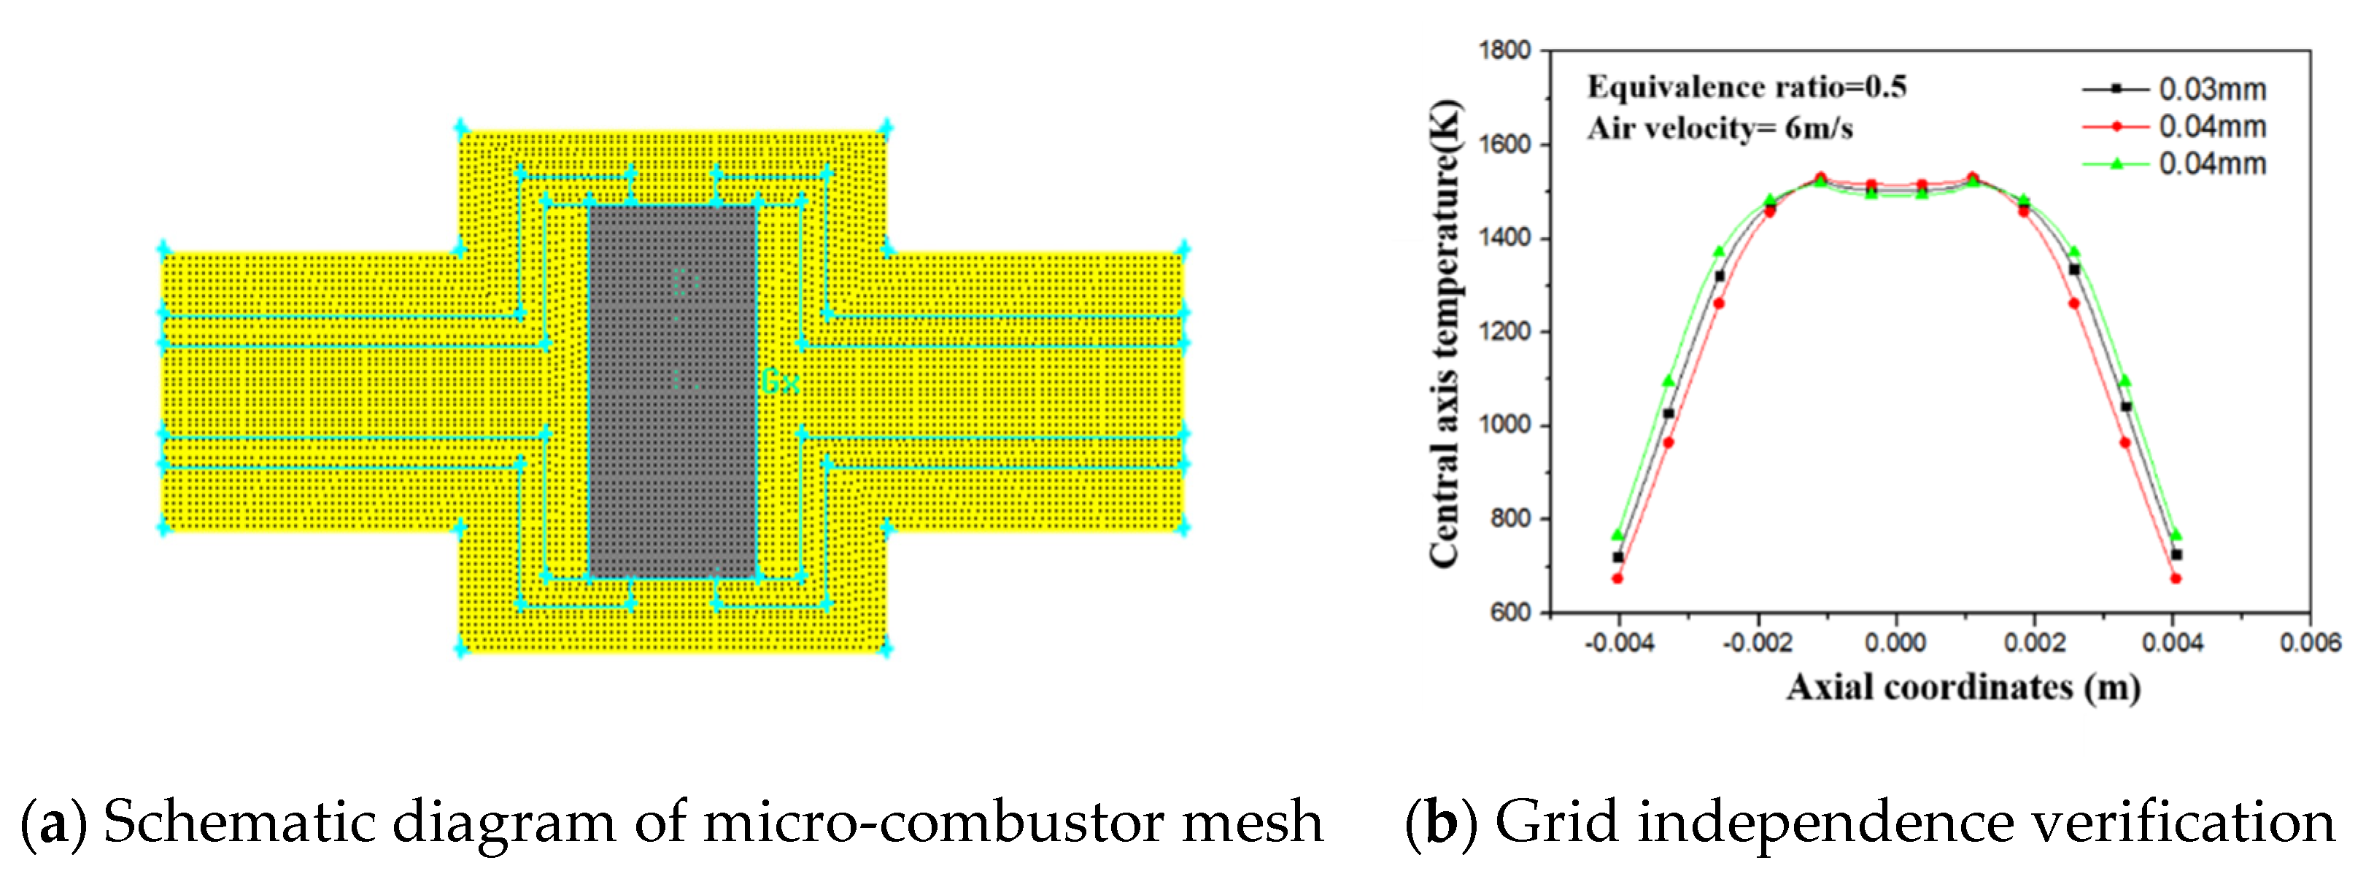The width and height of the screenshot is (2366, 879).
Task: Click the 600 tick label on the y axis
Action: click(1511, 613)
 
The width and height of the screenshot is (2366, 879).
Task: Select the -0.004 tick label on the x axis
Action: click(1618, 643)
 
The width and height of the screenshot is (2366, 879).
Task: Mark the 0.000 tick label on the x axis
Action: click(1895, 643)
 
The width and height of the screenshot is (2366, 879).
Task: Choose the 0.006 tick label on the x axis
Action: click(2310, 643)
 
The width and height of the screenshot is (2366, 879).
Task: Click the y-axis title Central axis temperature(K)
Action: click(1445, 333)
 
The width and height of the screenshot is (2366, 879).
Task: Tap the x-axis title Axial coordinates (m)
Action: click(1963, 687)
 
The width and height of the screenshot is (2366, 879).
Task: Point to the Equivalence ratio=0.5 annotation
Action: click(1746, 88)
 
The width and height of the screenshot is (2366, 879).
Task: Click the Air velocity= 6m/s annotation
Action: click(1720, 128)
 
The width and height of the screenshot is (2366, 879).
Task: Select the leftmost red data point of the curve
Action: click(1617, 578)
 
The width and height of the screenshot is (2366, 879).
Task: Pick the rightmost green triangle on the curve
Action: click(2175, 535)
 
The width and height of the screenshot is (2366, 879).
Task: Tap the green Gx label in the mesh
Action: click(780, 382)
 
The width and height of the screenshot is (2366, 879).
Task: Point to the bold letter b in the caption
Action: click(1441, 823)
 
